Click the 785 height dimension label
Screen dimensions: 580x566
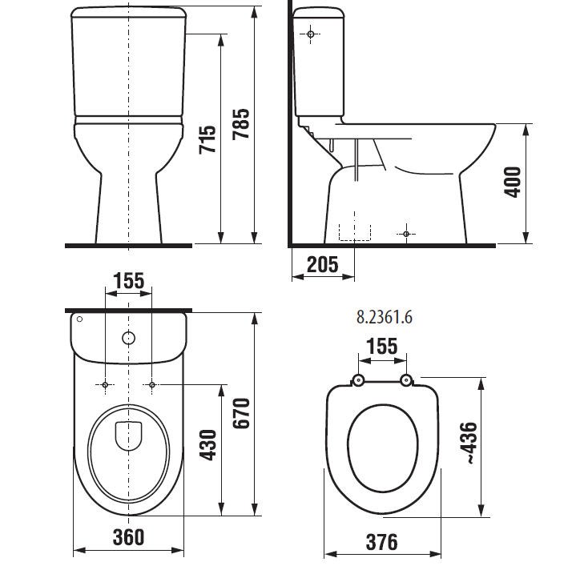click(241, 124)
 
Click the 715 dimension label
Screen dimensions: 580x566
click(207, 139)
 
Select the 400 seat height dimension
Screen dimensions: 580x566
click(513, 183)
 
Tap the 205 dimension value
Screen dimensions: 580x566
click(323, 264)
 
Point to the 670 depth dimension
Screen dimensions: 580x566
click(241, 413)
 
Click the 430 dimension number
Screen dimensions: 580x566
click(207, 445)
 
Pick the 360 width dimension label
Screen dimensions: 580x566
click(128, 537)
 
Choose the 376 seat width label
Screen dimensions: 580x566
click(382, 542)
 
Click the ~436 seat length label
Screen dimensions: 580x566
click(468, 443)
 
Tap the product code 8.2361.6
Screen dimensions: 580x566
click(385, 317)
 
